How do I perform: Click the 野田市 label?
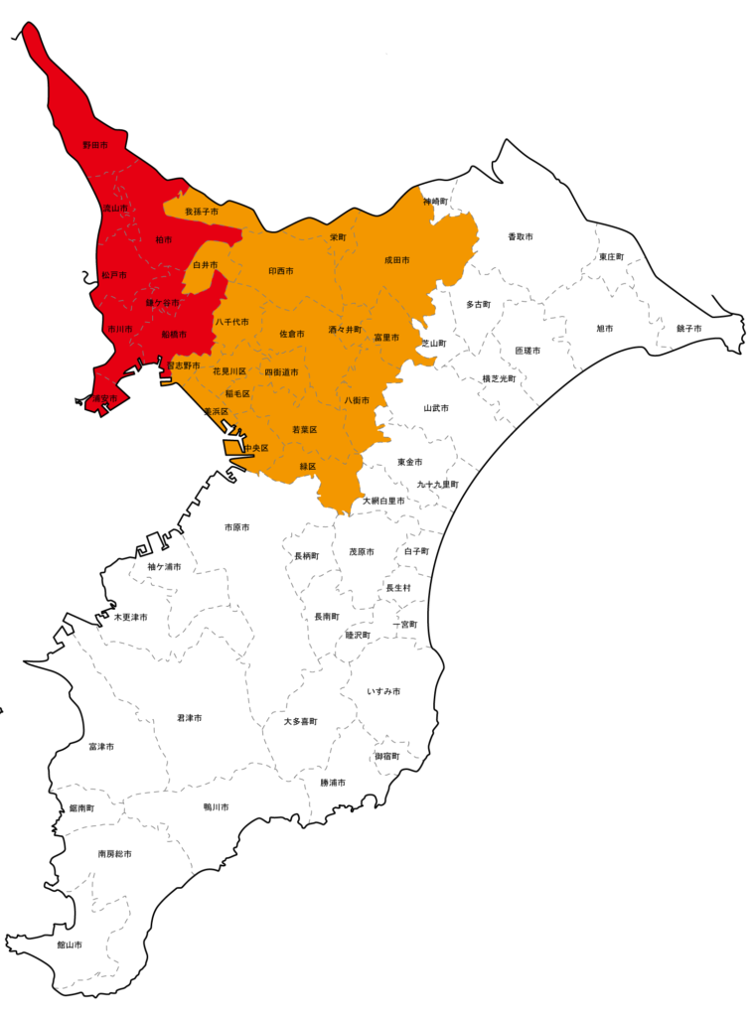[x=94, y=145]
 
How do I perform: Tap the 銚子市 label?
[x=688, y=329]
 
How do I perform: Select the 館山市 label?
[x=69, y=944]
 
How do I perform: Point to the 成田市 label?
[x=396, y=260]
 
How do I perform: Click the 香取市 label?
[x=520, y=237]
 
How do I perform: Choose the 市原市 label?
[x=236, y=527]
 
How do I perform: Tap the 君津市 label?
[x=189, y=717]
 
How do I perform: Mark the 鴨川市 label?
[x=216, y=807]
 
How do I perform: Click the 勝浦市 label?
[x=333, y=783]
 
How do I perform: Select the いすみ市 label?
[x=383, y=690]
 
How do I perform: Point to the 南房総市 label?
[x=114, y=853]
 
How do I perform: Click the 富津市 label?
[x=100, y=746]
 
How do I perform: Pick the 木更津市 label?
[x=130, y=617]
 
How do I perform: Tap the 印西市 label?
[x=281, y=270]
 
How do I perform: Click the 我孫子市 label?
[x=202, y=212]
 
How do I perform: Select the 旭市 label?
[x=604, y=329]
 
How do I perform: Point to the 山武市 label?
[x=436, y=408]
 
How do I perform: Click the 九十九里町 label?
[x=437, y=485]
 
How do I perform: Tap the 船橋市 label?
[x=174, y=335]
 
